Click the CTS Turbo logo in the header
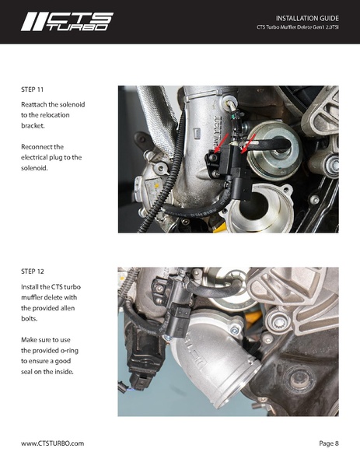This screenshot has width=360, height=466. (x=67, y=21)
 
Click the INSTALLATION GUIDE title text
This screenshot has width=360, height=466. (x=307, y=17)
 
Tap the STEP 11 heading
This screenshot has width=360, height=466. (x=34, y=90)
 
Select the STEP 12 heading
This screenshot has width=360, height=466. (x=34, y=272)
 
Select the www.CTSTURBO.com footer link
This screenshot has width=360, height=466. (x=52, y=443)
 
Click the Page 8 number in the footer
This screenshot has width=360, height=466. (x=329, y=443)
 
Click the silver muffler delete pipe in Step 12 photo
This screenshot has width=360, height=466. (x=206, y=366)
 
